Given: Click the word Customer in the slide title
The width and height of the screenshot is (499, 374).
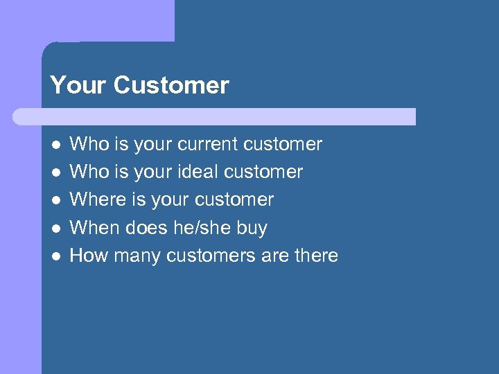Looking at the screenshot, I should pos(171,85).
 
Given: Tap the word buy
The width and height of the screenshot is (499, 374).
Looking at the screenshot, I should pos(252,228).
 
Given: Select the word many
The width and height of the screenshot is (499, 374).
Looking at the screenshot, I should pos(137,256).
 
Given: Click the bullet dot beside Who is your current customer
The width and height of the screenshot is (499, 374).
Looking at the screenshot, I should pos(55,145).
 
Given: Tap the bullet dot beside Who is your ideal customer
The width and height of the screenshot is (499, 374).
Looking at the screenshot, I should pos(55,172).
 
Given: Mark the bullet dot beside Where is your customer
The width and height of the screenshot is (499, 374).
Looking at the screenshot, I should pos(55,200).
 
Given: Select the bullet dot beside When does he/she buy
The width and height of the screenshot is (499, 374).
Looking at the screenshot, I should pos(55,228).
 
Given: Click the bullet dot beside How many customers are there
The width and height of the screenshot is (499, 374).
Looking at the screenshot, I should pos(55,256).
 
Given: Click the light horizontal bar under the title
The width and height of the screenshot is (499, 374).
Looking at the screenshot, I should pos(215,116).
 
